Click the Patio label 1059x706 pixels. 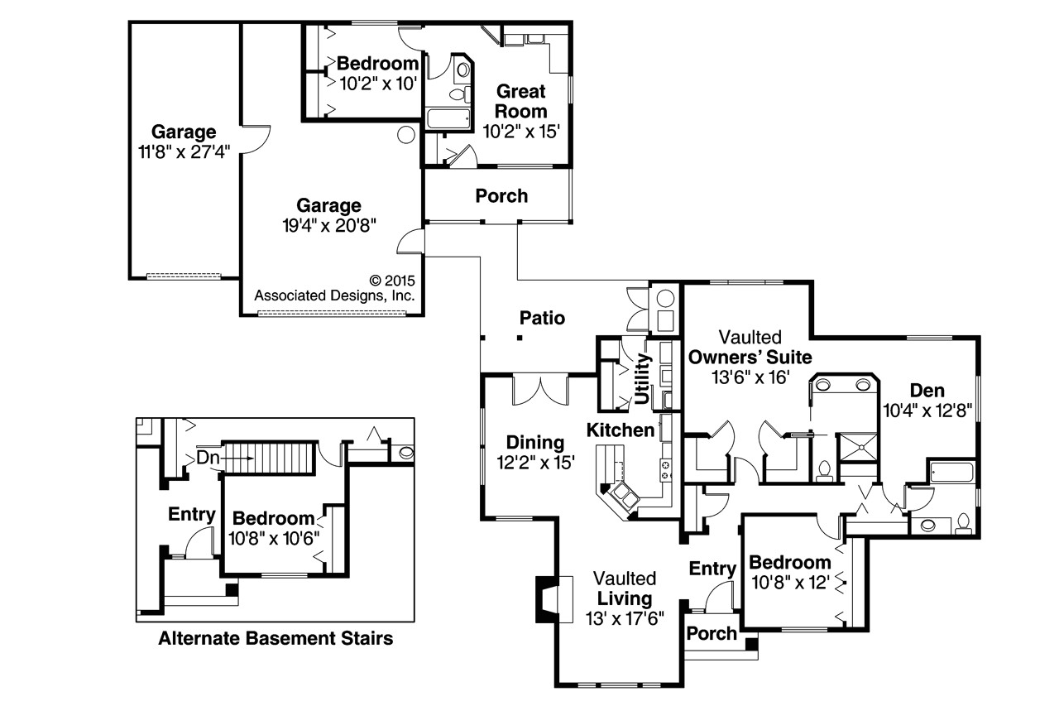542,318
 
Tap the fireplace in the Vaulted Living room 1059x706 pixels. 547,598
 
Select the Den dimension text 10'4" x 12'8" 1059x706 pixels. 927,409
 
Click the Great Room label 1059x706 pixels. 521,102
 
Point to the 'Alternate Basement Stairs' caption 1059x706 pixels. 276,638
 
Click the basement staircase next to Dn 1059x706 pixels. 268,457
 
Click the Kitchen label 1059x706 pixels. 621,430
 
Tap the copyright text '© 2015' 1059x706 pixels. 391,281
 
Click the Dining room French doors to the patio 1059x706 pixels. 539,390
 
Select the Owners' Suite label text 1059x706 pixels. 750,358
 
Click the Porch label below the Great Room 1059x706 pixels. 501,196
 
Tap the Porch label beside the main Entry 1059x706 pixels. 712,633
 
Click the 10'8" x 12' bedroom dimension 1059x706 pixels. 789,582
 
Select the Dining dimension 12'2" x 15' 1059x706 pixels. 535,463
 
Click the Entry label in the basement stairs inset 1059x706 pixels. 192,515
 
